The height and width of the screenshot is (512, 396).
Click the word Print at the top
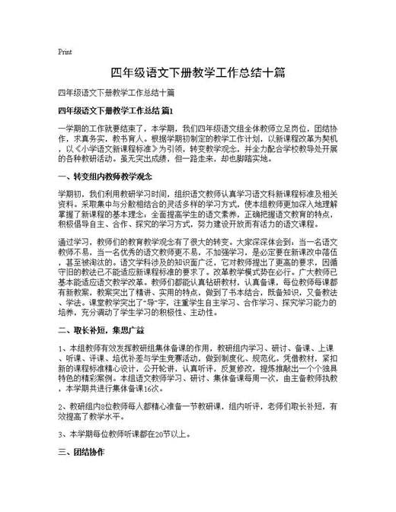(x=65, y=52)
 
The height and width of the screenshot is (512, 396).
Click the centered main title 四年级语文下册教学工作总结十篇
(x=198, y=73)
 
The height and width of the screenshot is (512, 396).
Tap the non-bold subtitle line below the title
(x=116, y=94)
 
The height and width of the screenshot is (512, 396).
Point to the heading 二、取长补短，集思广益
(x=101, y=311)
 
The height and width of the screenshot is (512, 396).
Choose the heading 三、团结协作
(x=81, y=452)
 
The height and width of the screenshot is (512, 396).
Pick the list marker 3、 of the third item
(x=62, y=435)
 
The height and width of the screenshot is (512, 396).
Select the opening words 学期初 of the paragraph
(x=71, y=194)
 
